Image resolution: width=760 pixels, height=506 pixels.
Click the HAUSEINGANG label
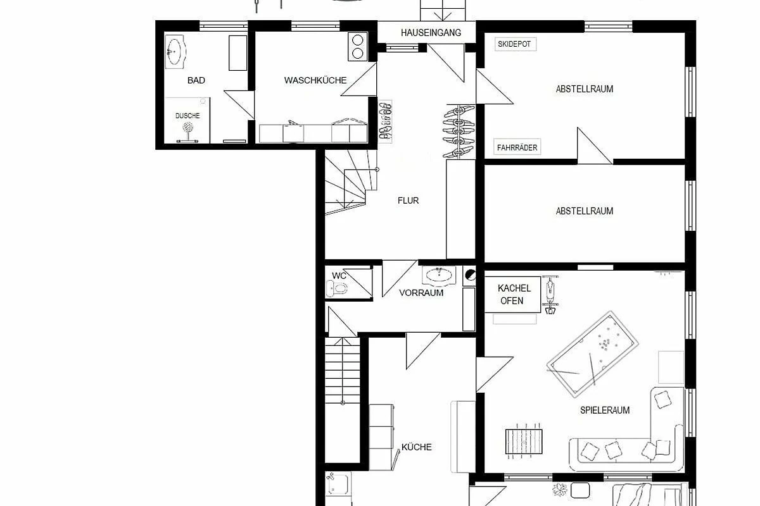pyautogui.click(x=431, y=33)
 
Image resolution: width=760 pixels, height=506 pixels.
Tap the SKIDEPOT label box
pyautogui.click(x=516, y=44)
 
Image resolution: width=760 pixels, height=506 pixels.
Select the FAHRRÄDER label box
pyautogui.click(x=517, y=147)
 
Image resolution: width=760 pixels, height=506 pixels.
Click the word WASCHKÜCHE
pyautogui.click(x=315, y=80)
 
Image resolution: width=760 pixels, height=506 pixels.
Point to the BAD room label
pyautogui.click(x=196, y=80)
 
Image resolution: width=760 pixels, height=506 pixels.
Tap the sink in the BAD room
pyautogui.click(x=175, y=51)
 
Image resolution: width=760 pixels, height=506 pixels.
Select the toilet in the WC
pyautogui.click(x=336, y=289)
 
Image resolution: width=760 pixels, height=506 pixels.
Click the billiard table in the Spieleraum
pyautogui.click(x=592, y=354)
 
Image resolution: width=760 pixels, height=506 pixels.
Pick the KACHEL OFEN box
pyautogui.click(x=512, y=295)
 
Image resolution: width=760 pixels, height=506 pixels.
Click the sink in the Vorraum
pyautogui.click(x=439, y=275)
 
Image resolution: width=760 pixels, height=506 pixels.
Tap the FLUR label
pyautogui.click(x=408, y=201)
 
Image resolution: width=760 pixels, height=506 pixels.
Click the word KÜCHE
pyautogui.click(x=416, y=447)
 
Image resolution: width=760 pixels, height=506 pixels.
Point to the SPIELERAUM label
pyautogui.click(x=605, y=410)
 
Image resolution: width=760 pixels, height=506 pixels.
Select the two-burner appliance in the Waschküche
pyautogui.click(x=358, y=47)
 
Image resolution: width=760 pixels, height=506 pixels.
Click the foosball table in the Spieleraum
pyautogui.click(x=524, y=441)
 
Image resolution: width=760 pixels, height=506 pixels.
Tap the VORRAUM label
pyautogui.click(x=421, y=293)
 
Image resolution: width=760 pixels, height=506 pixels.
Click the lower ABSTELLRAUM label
pyautogui.click(x=584, y=211)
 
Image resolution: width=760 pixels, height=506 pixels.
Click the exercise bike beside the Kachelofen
pyautogui.click(x=550, y=295)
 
